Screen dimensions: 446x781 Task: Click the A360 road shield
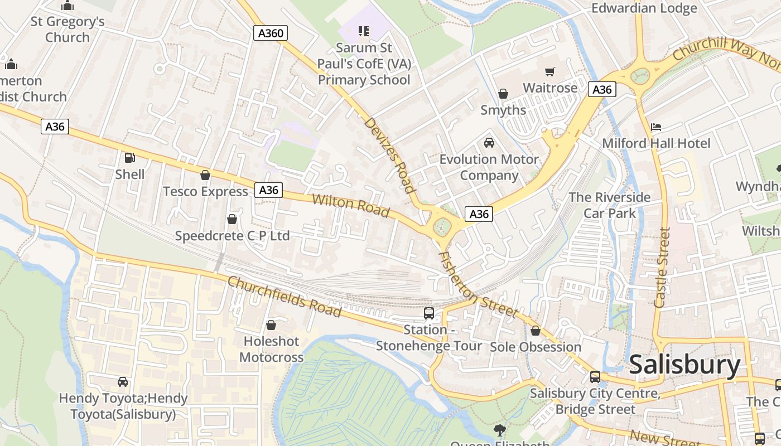(271, 33)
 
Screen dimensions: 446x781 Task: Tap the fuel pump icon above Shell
(129, 158)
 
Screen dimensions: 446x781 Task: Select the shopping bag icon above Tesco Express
(205, 175)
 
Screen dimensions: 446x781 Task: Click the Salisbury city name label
(684, 365)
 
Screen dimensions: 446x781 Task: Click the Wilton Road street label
(350, 206)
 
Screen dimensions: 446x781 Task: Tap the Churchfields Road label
(285, 296)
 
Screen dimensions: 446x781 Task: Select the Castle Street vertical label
(662, 268)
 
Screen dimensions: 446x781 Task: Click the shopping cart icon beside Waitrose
(550, 71)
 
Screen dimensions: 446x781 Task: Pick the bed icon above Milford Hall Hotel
(656, 127)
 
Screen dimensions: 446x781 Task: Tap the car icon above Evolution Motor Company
(489, 143)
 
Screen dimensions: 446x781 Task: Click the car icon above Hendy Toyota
(123, 382)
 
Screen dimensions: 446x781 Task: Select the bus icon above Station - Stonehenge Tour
(428, 313)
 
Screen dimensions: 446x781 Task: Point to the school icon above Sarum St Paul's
(364, 31)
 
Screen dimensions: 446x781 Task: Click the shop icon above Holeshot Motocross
(271, 324)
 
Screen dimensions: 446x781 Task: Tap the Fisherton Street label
(478, 285)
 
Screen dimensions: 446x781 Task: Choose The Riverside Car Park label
(609, 205)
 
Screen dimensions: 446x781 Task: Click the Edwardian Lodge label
(644, 8)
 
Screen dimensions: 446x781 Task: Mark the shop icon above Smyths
(503, 94)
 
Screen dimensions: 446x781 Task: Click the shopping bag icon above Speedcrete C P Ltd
(232, 219)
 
